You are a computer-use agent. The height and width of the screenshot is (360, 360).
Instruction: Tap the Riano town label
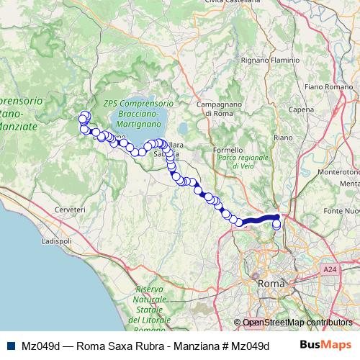pos(283,137)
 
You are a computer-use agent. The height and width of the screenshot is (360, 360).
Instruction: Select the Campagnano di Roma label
pos(218,109)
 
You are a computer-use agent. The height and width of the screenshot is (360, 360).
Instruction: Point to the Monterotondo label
pos(339,173)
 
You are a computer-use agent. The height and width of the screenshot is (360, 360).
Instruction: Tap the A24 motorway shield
pos(330,269)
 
